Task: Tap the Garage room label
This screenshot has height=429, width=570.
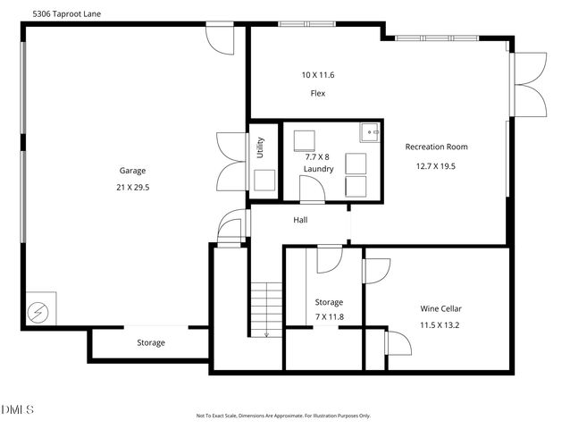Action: [132, 171]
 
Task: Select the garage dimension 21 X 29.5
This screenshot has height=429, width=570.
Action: [132, 188]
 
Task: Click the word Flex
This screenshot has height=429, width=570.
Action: [317, 93]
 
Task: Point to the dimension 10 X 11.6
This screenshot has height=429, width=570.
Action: [317, 75]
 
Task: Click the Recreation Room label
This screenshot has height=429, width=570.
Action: [436, 147]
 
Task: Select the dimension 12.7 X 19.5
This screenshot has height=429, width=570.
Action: [436, 165]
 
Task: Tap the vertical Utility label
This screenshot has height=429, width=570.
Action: [260, 146]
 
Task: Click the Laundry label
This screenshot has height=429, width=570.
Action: [318, 168]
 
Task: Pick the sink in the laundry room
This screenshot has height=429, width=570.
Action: [371, 133]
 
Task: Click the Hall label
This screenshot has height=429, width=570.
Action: [301, 219]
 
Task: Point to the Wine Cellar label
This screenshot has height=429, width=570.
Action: [440, 308]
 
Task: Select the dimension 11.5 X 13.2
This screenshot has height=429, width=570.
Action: [440, 325]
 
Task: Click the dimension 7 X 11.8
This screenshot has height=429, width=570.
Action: [329, 317]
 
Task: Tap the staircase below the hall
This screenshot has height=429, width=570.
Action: [265, 309]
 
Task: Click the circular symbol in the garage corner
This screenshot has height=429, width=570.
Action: [39, 311]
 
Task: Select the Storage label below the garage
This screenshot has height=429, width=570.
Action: [150, 342]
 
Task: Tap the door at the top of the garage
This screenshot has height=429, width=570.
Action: [218, 38]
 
